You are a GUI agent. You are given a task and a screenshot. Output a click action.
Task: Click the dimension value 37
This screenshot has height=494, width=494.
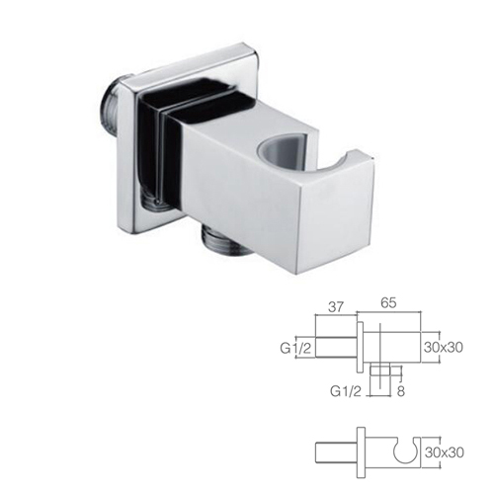pos(336,307)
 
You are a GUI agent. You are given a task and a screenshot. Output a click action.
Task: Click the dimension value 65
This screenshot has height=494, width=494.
pos(388,303)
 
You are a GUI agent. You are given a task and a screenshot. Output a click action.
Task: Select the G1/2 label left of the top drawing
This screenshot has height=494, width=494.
pos(295,348)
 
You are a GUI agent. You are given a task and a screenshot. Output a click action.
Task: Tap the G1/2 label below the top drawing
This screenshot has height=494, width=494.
pos(345,391)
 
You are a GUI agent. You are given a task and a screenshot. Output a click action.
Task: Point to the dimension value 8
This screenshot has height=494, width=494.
pos(400,391)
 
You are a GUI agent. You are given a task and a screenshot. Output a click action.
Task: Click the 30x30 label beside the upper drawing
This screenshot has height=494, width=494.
pos(444,348)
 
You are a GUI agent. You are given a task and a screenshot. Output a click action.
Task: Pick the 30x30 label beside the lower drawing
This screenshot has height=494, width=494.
pos(445,453)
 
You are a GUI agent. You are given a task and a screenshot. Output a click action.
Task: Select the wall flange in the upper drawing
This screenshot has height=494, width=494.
pos(361,347)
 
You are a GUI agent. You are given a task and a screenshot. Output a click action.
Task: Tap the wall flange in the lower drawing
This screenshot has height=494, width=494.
pos(361,453)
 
